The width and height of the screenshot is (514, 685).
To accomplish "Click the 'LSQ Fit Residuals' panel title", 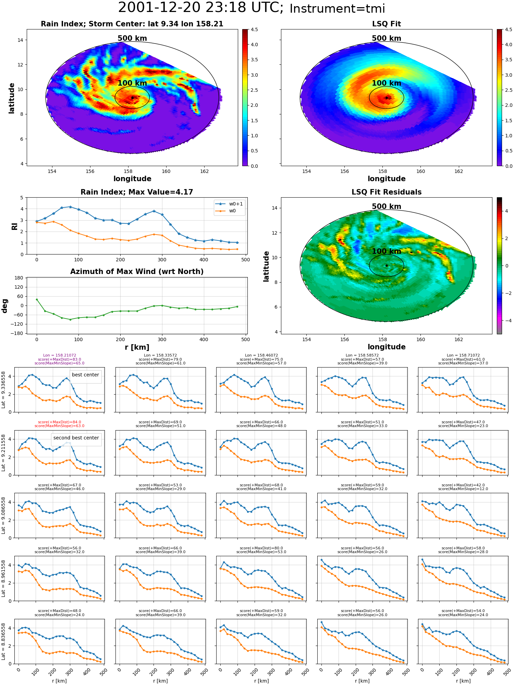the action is pyautogui.click(x=387, y=192).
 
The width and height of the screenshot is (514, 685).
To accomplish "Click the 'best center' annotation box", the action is pyautogui.click(x=85, y=375).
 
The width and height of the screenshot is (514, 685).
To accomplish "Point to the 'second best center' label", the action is pyautogui.click(x=76, y=438).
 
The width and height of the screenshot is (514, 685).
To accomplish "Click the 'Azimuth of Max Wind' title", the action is pyautogui.click(x=137, y=272).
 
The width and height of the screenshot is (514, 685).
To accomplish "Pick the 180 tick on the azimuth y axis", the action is pyautogui.click(x=19, y=278).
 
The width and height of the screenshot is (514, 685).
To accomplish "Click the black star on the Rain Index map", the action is pyautogui.click(x=132, y=98).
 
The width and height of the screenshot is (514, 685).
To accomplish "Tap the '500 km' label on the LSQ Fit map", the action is pyautogui.click(x=387, y=38).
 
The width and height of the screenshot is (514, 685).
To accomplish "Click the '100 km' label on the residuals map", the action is pyautogui.click(x=387, y=251).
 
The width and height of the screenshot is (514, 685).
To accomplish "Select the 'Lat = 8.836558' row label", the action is pyautogui.click(x=3, y=642).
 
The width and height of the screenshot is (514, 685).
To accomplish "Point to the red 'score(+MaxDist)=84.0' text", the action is pyautogui.click(x=60, y=422).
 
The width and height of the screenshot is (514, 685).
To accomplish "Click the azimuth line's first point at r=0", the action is pyautogui.click(x=37, y=299).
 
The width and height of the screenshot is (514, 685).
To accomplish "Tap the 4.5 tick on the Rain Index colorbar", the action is pyautogui.click(x=254, y=29).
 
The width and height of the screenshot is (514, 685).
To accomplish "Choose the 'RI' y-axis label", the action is pyautogui.click(x=15, y=226).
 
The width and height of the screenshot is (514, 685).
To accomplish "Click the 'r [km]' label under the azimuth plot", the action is pyautogui.click(x=137, y=347).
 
